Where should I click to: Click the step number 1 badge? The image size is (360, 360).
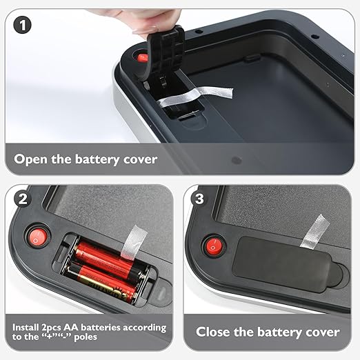click(22, 26)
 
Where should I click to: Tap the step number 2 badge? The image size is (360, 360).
click(23, 199)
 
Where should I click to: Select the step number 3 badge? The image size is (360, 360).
click(199, 199)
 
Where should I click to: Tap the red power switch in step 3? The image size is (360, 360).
click(214, 246)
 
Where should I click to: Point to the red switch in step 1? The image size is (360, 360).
click(143, 58)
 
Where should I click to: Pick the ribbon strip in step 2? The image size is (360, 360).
click(133, 243)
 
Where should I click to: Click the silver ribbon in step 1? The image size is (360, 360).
click(195, 96)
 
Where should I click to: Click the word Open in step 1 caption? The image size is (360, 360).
click(30, 160)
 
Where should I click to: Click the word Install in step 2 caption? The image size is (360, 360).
click(26, 327)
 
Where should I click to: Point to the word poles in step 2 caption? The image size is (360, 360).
click(86, 337)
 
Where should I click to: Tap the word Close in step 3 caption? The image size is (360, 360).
click(213, 332)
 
